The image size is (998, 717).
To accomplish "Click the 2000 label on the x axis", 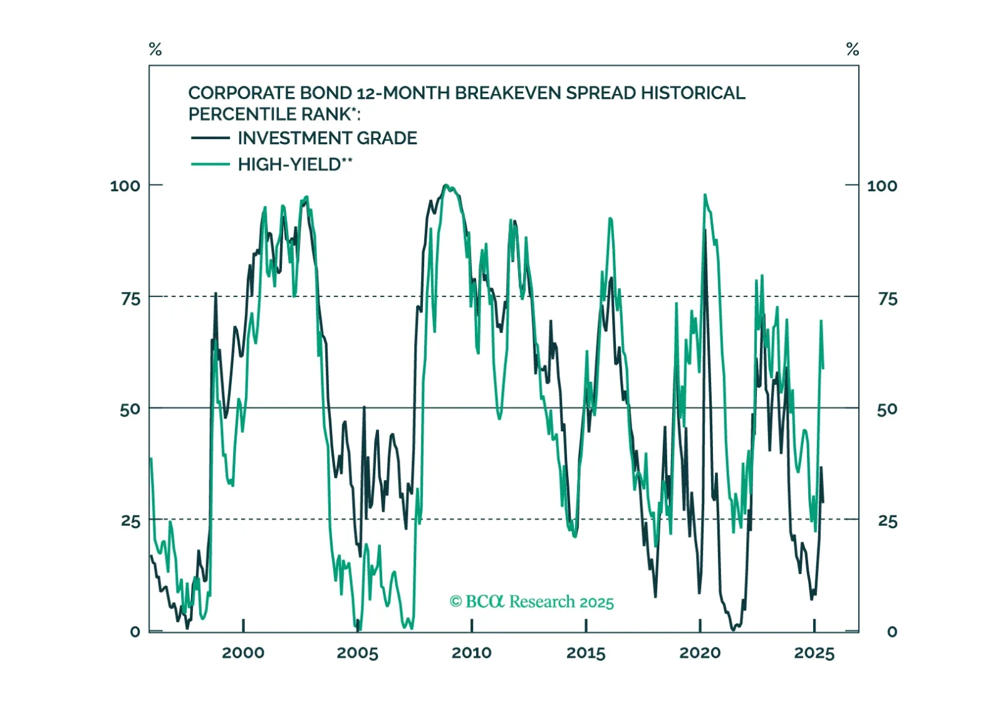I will (x=243, y=653).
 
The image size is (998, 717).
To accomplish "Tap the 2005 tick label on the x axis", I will (x=357, y=653).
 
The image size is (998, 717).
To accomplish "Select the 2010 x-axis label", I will (x=472, y=653).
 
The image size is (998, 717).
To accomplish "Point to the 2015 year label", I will (x=586, y=653).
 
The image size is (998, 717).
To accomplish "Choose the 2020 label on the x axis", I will (x=700, y=653).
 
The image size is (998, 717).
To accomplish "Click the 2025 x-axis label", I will (x=814, y=653).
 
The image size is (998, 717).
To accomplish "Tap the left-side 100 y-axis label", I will (x=125, y=186).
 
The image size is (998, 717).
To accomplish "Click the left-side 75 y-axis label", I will (x=130, y=299).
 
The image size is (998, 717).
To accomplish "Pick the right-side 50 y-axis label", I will (x=887, y=410).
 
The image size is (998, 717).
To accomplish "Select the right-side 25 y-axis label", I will (x=887, y=521).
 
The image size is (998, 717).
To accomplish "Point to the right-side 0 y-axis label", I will (x=892, y=632).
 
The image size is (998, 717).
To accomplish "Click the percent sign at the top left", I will (x=155, y=49).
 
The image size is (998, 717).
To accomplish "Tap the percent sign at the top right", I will (x=852, y=49).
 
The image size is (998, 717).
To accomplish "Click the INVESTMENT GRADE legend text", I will (x=327, y=138).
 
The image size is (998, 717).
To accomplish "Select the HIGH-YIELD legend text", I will (x=294, y=164).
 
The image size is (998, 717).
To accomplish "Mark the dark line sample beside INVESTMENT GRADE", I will (x=210, y=138).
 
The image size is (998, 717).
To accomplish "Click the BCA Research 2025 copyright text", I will (x=531, y=602).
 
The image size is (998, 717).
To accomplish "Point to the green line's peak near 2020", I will (x=705, y=195).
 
